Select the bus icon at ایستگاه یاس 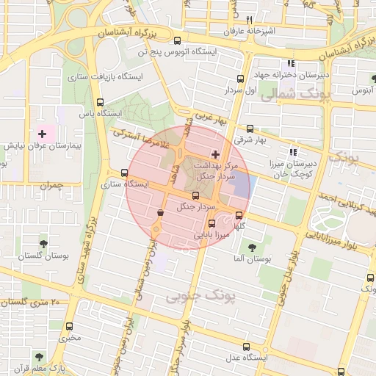[101, 103]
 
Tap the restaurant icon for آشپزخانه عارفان [250, 20]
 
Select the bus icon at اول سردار [240, 79]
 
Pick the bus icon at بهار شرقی [250, 129]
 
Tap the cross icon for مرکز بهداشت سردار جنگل [214, 154]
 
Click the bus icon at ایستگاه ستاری [123, 173]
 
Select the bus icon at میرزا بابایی [212, 223]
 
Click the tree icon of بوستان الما [252, 247]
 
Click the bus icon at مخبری [70, 326]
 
